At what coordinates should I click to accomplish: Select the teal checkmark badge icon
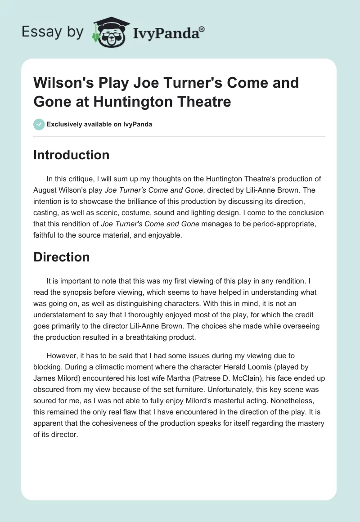coord(39,124)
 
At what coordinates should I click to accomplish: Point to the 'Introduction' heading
coord(72,155)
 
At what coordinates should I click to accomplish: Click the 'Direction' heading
coord(62,257)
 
